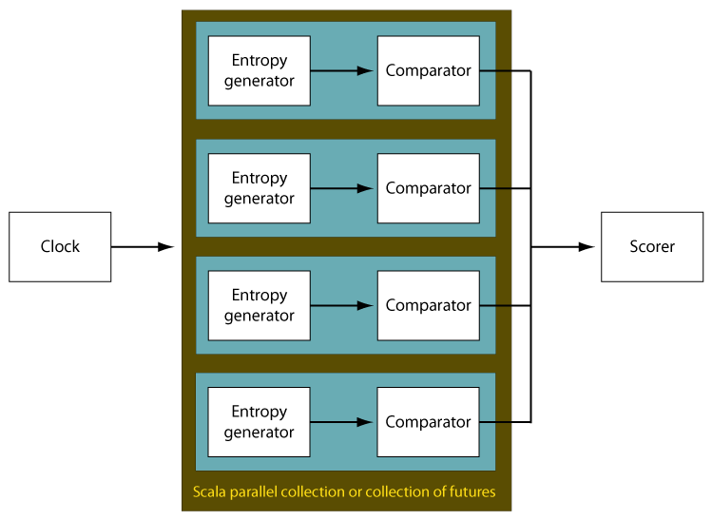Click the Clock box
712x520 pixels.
click(x=60, y=247)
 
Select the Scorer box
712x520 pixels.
click(x=652, y=247)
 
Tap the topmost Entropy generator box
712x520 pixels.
click(x=260, y=71)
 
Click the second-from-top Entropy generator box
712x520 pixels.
click(x=260, y=188)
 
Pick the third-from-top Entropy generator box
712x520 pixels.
click(x=260, y=306)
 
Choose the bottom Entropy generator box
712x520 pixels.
click(x=259, y=422)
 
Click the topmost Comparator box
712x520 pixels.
click(x=429, y=71)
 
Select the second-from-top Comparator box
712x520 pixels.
click(x=429, y=188)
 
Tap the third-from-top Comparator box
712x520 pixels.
click(x=429, y=306)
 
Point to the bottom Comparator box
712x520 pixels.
click(x=428, y=422)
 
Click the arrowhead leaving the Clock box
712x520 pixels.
click(x=166, y=247)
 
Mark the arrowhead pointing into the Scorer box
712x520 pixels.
click(x=587, y=247)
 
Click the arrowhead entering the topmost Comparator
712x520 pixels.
click(x=365, y=71)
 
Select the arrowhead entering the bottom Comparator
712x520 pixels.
click(x=365, y=422)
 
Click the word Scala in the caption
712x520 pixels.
click(x=209, y=491)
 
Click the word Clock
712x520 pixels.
click(x=60, y=246)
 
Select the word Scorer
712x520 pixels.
click(x=652, y=246)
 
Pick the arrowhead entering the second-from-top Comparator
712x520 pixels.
click(x=365, y=188)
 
